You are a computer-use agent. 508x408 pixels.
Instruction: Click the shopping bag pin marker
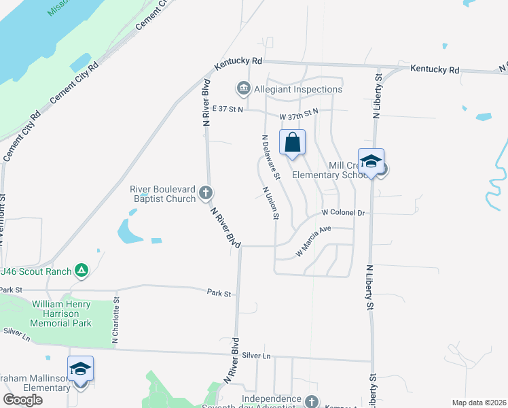click(292, 143)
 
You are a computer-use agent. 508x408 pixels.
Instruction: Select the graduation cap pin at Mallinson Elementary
click(81, 370)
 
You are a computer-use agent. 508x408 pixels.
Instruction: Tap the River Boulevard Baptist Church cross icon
click(205, 194)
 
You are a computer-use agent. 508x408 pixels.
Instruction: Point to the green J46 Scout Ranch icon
click(81, 271)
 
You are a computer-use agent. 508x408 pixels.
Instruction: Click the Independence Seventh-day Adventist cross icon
click(311, 402)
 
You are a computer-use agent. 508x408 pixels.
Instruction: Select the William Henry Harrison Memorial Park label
click(62, 309)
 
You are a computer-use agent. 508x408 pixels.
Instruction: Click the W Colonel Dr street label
click(344, 213)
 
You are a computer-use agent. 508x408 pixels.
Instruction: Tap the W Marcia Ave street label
click(313, 241)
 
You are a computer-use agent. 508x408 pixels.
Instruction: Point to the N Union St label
click(270, 203)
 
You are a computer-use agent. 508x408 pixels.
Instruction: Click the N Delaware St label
click(267, 156)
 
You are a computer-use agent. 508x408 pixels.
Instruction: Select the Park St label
click(219, 292)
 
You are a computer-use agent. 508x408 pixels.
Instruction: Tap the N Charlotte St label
click(116, 320)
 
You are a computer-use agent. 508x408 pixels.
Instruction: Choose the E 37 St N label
click(227, 109)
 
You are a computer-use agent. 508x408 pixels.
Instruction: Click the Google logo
click(23, 400)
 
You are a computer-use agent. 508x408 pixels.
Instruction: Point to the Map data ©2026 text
click(479, 403)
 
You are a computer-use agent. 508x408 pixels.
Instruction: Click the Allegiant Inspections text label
click(297, 89)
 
